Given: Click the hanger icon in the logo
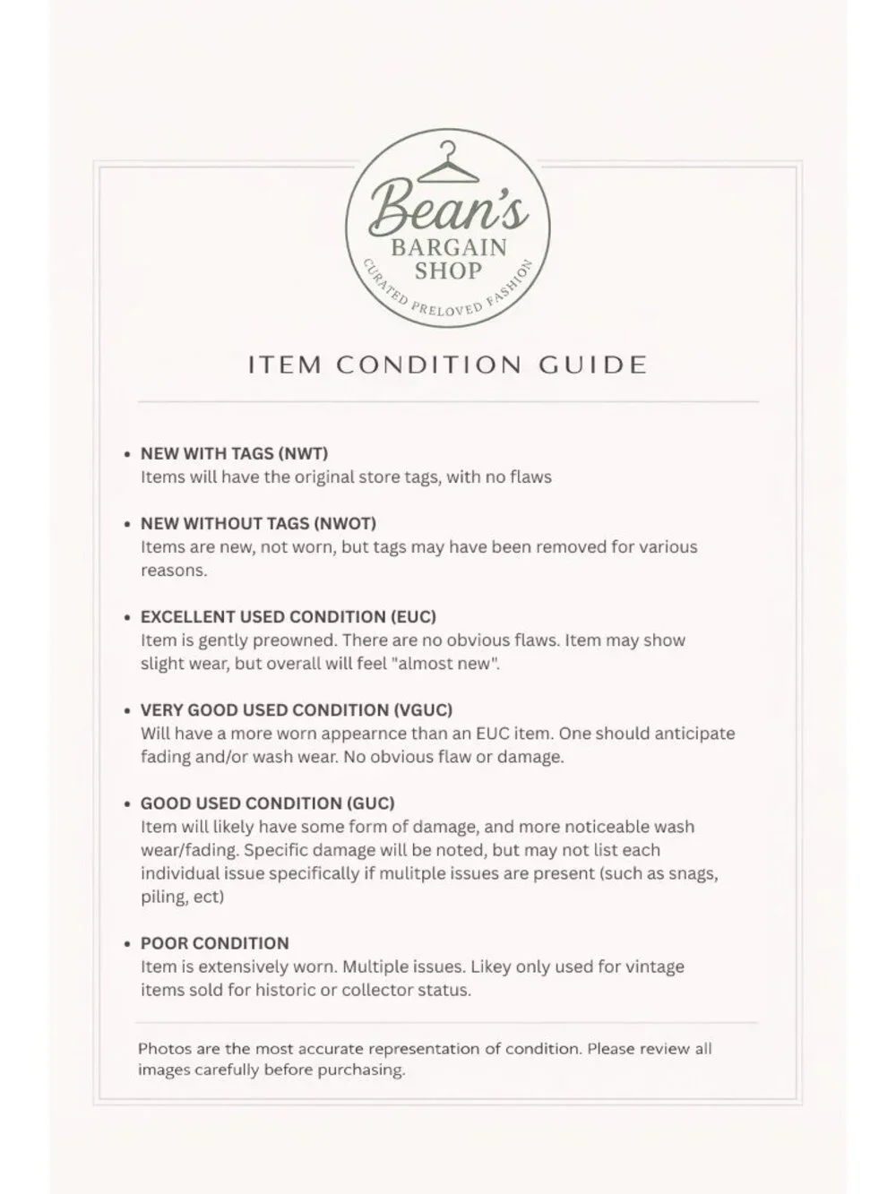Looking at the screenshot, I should click(446, 162).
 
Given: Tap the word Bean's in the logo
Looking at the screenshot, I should click(448, 210).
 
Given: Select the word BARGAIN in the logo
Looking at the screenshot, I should click(448, 247).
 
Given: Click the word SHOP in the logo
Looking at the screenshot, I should click(448, 271).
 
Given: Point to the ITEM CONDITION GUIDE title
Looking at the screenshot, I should click(447, 365).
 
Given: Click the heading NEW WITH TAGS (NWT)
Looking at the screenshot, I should click(234, 453).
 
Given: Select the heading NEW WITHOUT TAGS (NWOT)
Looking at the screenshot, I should click(258, 523).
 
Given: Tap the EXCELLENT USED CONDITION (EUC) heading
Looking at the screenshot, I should click(288, 616).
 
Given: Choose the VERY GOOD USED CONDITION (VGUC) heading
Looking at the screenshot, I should click(297, 709).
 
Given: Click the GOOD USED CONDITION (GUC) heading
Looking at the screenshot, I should click(267, 803).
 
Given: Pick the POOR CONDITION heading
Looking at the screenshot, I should click(214, 942).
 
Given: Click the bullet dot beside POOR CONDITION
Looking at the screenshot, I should click(127, 943).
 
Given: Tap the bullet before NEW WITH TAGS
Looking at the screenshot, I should click(127, 454).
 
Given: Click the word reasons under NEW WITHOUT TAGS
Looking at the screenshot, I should click(173, 571).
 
